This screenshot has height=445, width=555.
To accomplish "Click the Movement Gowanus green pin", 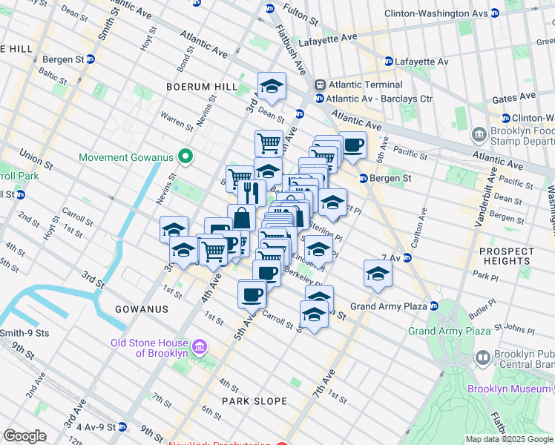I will (x=186, y=157).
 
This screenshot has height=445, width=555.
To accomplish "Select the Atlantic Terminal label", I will (x=358, y=84).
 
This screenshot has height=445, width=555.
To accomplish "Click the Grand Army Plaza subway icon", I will (x=434, y=306).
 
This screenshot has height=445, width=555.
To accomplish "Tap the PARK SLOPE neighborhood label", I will (x=254, y=401).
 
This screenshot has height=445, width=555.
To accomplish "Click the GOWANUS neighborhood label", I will (x=141, y=309).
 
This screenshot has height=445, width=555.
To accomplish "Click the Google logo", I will (x=25, y=436).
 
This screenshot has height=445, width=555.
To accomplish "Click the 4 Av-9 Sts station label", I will (x=91, y=427).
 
